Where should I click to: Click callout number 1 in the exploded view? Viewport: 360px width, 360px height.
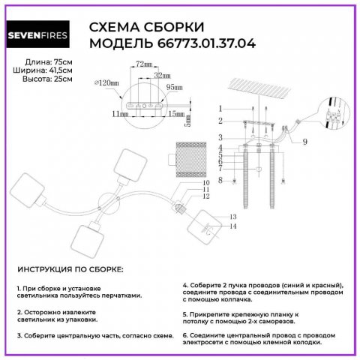click(220, 109)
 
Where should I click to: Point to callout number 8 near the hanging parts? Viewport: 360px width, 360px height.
click(220, 180)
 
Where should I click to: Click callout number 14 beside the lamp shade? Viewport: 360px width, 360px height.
click(232, 226)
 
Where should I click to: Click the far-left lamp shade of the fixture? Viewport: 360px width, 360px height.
click(32, 190)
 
